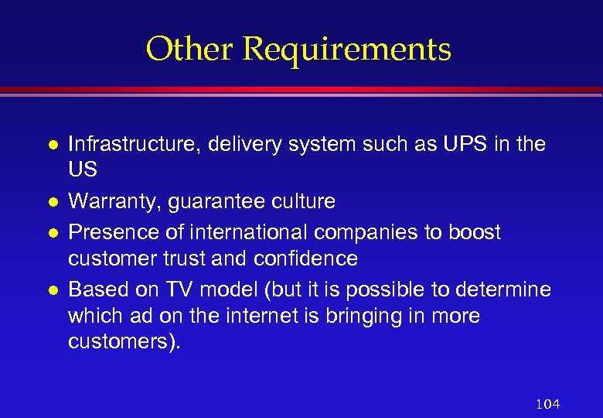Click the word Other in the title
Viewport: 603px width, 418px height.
(x=190, y=50)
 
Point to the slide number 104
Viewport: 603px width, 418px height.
(x=547, y=403)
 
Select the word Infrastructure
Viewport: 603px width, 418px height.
(x=128, y=144)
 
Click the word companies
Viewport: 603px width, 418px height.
(x=370, y=233)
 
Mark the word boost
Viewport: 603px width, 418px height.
(x=475, y=232)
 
